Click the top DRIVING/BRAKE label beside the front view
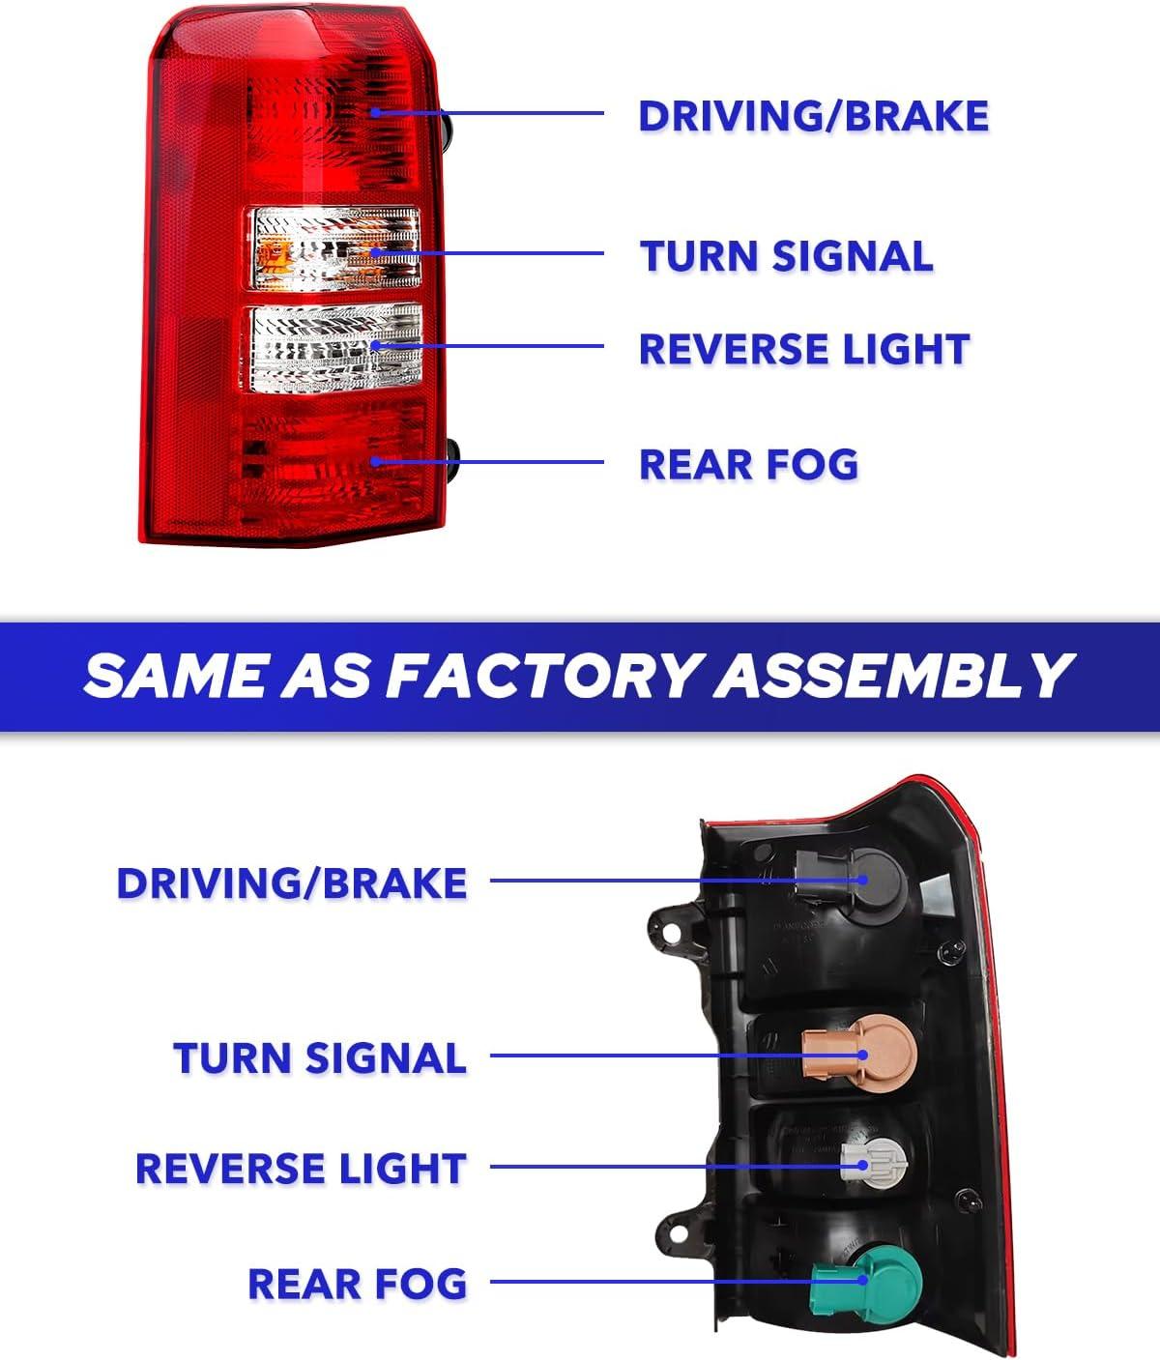(814, 117)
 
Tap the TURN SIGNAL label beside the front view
(787, 256)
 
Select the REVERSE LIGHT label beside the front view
(804, 349)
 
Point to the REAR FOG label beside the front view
(749, 465)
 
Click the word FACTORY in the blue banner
(541, 677)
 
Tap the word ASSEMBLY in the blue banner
(893, 677)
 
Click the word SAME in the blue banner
(176, 677)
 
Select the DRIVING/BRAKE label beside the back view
(292, 883)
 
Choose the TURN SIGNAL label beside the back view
(320, 1058)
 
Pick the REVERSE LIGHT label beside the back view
(302, 1169)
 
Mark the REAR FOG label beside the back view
(358, 1284)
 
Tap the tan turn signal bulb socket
(859, 1054)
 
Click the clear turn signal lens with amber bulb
(335, 248)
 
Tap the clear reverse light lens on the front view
(336, 348)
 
